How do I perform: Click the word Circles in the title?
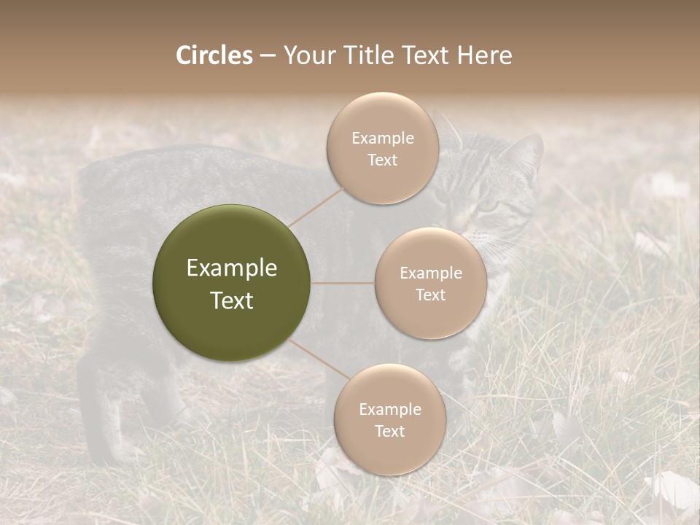tap(214, 55)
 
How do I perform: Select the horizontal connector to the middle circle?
tap(343, 283)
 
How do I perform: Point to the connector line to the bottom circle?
tap(319, 359)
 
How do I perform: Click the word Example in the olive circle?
tap(231, 268)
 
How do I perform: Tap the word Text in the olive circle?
tap(231, 300)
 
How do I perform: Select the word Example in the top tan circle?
tap(382, 139)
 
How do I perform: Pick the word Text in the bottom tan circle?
tap(389, 431)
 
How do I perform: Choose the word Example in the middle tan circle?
tap(430, 273)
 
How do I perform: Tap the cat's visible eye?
tap(484, 206)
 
